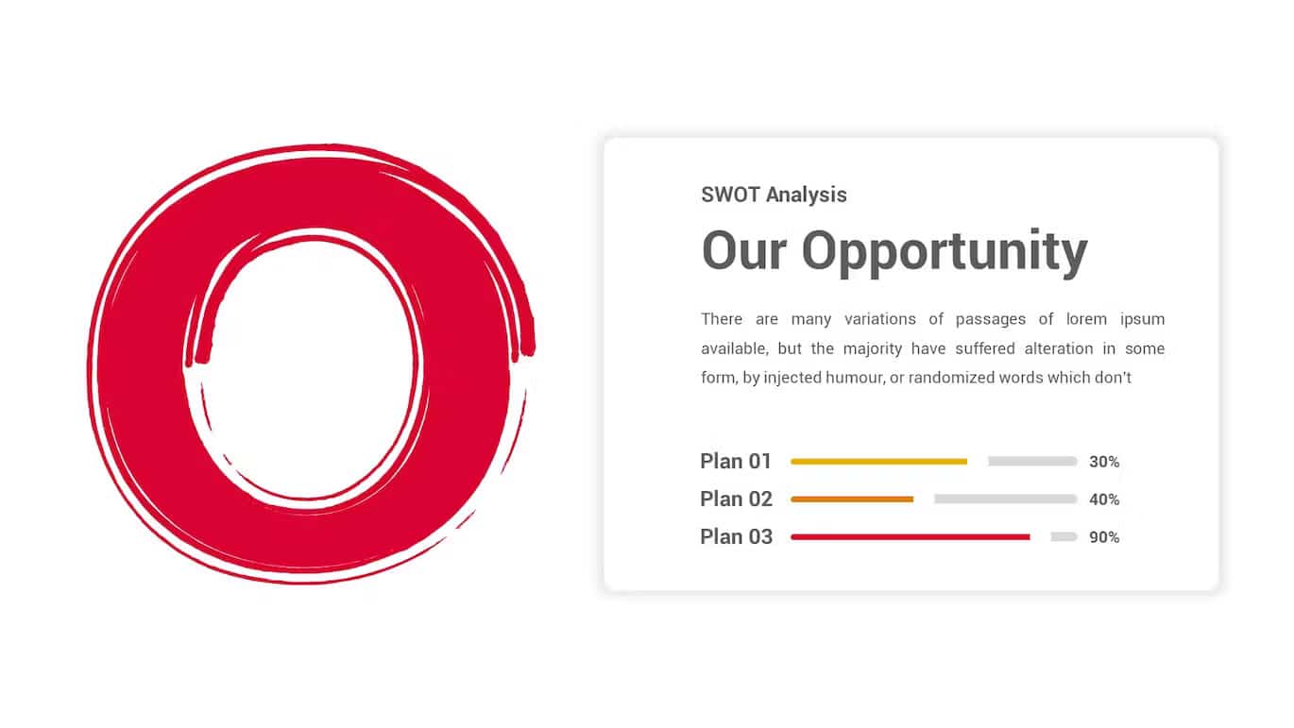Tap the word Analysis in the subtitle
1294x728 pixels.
click(807, 195)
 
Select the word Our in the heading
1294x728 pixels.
click(744, 250)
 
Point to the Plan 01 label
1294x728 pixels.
click(736, 462)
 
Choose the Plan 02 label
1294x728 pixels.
click(736, 499)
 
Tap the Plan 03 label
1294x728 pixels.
click(736, 537)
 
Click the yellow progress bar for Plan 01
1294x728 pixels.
click(878, 462)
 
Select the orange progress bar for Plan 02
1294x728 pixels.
click(852, 499)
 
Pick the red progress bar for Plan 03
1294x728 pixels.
click(911, 537)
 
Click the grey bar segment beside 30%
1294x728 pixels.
click(1032, 462)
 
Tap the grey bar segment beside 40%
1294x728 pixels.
click(1006, 499)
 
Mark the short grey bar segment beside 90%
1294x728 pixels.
click(1064, 537)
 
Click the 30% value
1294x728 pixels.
click(1104, 462)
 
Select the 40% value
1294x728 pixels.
click(1104, 499)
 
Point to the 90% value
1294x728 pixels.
click(1104, 537)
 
